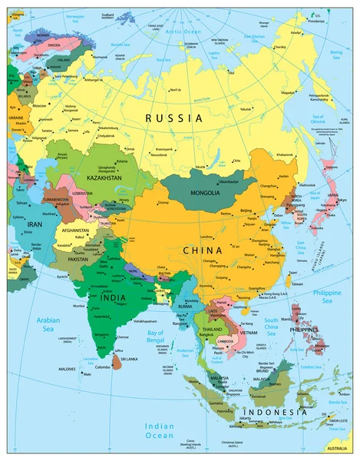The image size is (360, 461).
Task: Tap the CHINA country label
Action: (202, 250)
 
